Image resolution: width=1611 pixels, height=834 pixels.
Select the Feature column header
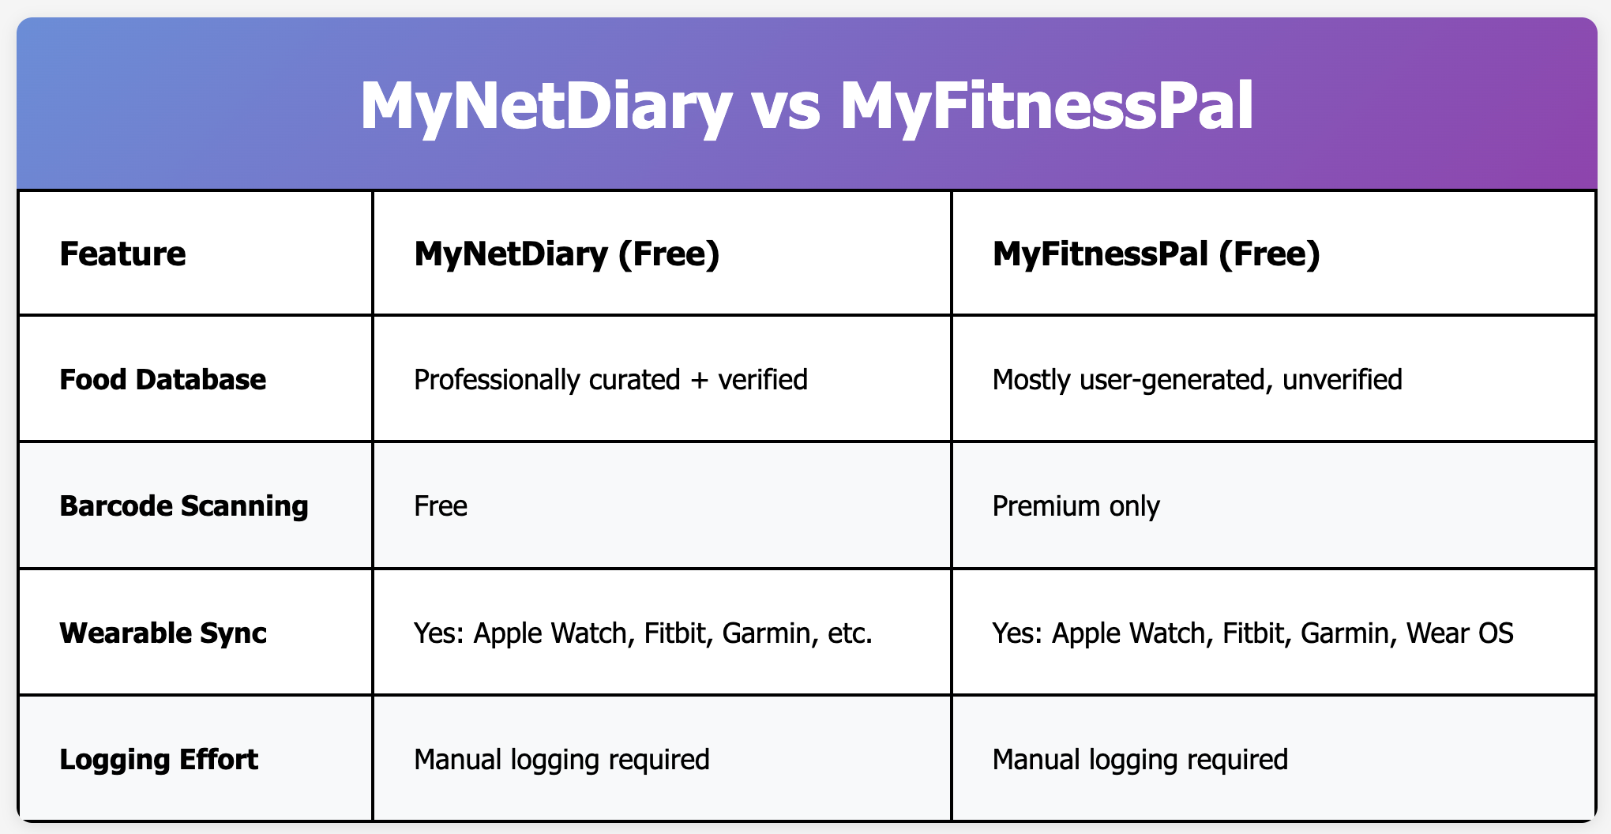(x=122, y=254)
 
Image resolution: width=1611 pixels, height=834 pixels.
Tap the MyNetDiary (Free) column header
(x=566, y=254)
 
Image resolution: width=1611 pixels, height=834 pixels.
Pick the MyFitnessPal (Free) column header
(x=1156, y=254)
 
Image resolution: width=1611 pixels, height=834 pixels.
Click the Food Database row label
(x=163, y=380)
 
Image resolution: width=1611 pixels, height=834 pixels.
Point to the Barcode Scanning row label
(x=184, y=506)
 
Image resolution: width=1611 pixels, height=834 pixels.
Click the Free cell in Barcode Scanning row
(x=441, y=506)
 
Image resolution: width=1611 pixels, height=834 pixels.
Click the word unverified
(x=1342, y=380)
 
